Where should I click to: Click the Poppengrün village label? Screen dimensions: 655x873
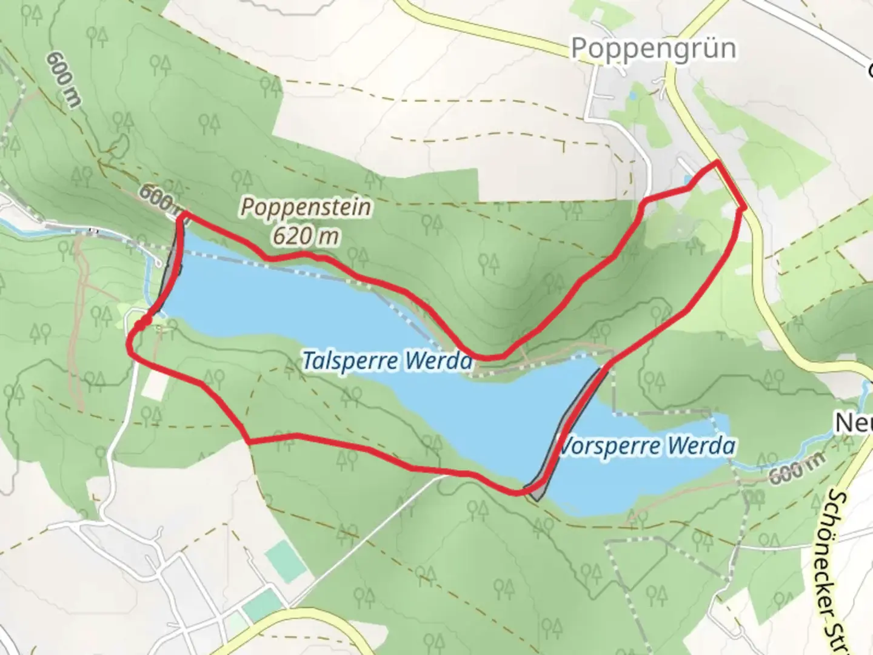pyautogui.click(x=654, y=49)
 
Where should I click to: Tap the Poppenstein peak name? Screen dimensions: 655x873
pyautogui.click(x=306, y=207)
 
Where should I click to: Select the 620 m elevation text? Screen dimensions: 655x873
pyautogui.click(x=305, y=236)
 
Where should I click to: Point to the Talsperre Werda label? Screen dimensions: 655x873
pyautogui.click(x=387, y=361)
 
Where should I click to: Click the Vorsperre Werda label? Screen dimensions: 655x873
pyautogui.click(x=646, y=446)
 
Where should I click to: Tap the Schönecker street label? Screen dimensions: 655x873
pyautogui.click(x=839, y=570)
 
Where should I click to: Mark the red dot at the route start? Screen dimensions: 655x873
pyautogui.click(x=139, y=326)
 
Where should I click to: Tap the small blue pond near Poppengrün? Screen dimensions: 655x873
pyautogui.click(x=687, y=180)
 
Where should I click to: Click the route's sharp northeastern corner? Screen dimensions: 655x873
pyautogui.click(x=718, y=162)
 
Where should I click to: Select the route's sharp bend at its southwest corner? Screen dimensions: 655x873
pyautogui.click(x=249, y=442)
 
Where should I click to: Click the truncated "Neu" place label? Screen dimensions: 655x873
pyautogui.click(x=854, y=423)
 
